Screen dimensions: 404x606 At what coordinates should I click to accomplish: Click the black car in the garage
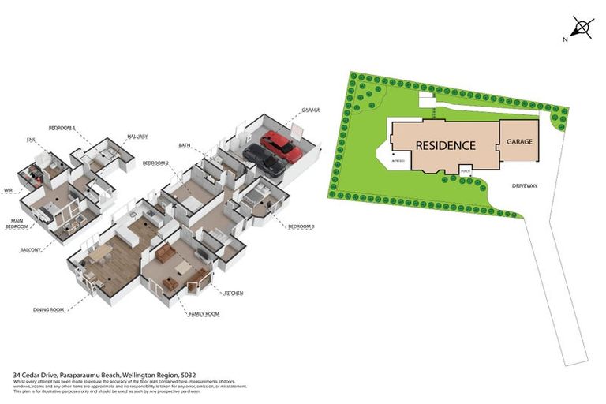[x=264, y=160]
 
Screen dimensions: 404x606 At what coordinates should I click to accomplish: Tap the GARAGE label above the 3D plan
[x=311, y=110]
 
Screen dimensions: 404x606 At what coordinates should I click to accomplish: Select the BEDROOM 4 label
[x=62, y=127]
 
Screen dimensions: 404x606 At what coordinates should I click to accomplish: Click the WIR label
[x=9, y=190]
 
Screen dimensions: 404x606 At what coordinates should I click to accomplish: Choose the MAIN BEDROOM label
[x=18, y=224]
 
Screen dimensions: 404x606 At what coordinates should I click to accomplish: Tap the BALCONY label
[x=31, y=249]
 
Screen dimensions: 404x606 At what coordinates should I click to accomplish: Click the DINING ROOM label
[x=48, y=309]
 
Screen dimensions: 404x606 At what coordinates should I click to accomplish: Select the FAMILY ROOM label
[x=204, y=314]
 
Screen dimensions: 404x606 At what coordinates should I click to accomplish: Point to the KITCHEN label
[x=234, y=293]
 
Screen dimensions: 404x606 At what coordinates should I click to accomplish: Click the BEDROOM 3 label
[x=301, y=227]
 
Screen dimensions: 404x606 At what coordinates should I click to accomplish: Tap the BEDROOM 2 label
[x=156, y=163]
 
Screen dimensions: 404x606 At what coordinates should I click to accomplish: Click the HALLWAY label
[x=138, y=136]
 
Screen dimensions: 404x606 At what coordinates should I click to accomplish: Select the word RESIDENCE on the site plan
[x=445, y=145]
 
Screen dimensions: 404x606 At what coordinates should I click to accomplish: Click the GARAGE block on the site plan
[x=519, y=140]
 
